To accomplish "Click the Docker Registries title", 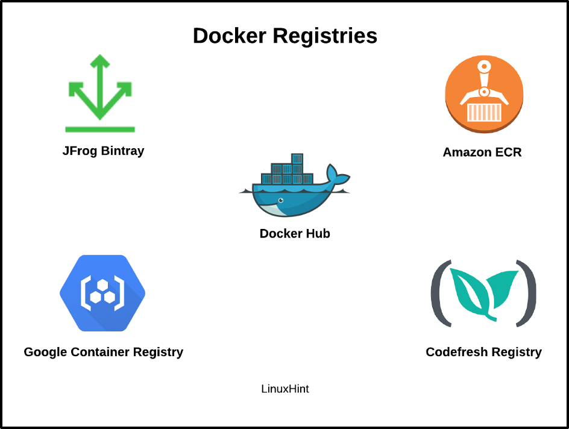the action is (x=285, y=36).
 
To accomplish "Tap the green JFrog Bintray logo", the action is (x=100, y=93).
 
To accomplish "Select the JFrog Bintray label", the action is (x=104, y=151).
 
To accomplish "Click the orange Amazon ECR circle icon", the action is (x=484, y=94).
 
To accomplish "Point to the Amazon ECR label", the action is (x=482, y=152).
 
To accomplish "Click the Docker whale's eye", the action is (x=280, y=200).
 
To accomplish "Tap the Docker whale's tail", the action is (x=338, y=174).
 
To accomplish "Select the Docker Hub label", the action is (x=295, y=234).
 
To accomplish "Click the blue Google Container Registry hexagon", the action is (x=102, y=293).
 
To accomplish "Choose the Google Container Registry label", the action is (x=104, y=352).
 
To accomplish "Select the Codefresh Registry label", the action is (x=484, y=352).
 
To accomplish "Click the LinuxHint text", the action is (x=285, y=389).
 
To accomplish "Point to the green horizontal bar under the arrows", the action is (x=100, y=130).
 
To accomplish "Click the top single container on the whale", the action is (x=297, y=158).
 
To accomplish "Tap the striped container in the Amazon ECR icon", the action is (x=484, y=112).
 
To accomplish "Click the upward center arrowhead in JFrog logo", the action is (x=100, y=61).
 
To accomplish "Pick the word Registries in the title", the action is (x=325, y=36).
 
